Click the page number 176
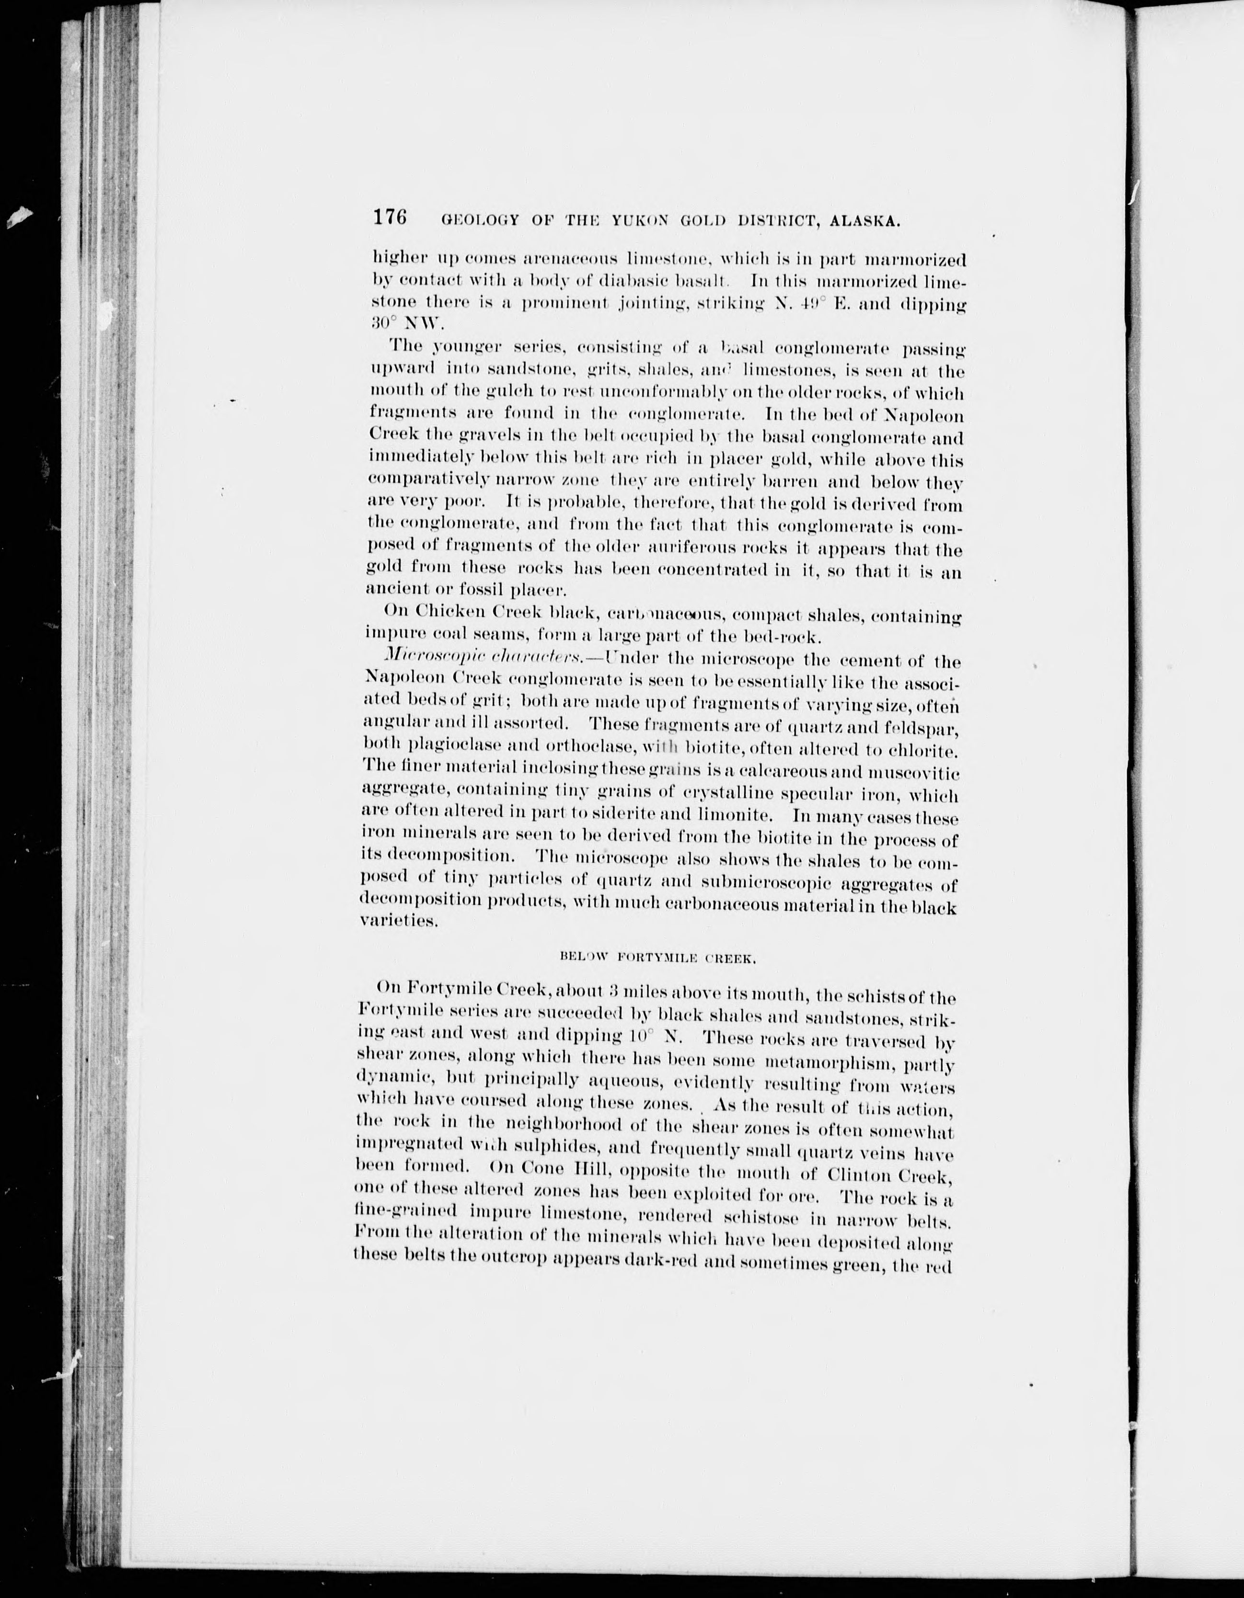tap(389, 217)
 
